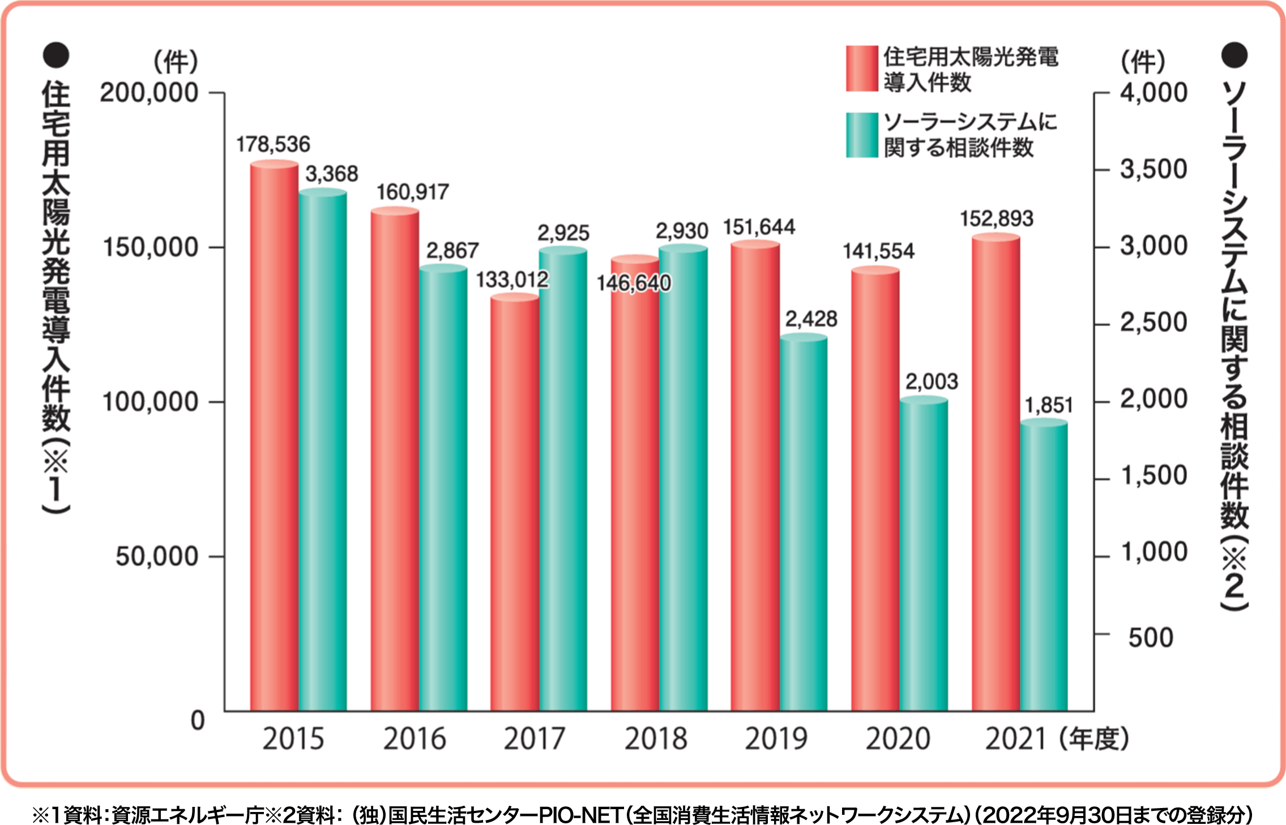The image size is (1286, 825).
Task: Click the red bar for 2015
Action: [x=274, y=436]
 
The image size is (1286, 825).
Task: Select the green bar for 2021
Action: [x=1044, y=566]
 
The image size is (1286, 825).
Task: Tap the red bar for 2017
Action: [x=514, y=504]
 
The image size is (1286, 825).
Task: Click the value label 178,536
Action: [x=273, y=144]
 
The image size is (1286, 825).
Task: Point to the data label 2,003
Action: [x=932, y=381]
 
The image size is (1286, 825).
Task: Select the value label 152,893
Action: [x=997, y=218]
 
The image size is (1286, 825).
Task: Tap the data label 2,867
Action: [x=452, y=250]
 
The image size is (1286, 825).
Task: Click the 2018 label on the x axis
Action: [x=656, y=738]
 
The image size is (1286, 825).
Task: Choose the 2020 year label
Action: [x=898, y=738]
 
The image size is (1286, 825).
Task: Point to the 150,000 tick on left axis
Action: [x=150, y=247]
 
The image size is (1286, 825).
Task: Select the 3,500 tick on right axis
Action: [x=1153, y=169]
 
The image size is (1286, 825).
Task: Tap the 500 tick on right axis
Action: [x=1151, y=638]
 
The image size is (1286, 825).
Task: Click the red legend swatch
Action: [x=862, y=68]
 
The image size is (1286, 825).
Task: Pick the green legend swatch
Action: [x=862, y=135]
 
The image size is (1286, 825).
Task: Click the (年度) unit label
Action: [x=1094, y=738]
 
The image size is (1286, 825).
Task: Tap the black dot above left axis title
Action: [x=56, y=55]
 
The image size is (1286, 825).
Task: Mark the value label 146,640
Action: [x=634, y=282]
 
